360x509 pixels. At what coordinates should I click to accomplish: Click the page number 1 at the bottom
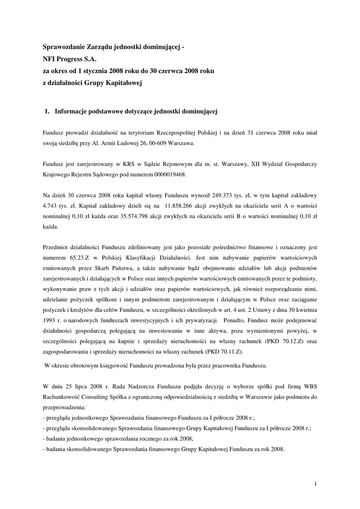click(315, 484)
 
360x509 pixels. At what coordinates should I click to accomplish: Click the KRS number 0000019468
click(171, 174)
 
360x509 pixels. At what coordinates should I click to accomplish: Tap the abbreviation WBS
click(310, 386)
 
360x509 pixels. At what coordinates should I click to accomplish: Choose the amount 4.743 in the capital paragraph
click(52, 206)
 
